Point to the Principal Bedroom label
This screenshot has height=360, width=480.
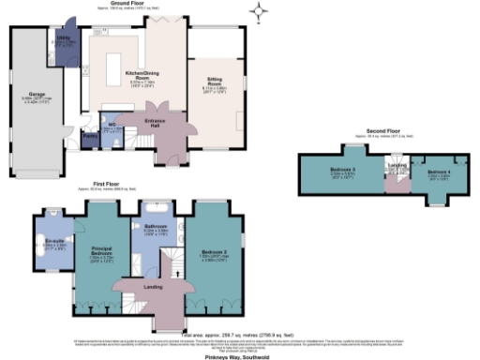(103, 252)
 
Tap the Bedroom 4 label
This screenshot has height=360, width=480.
(439, 173)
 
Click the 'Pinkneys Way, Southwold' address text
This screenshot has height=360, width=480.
(239, 356)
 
